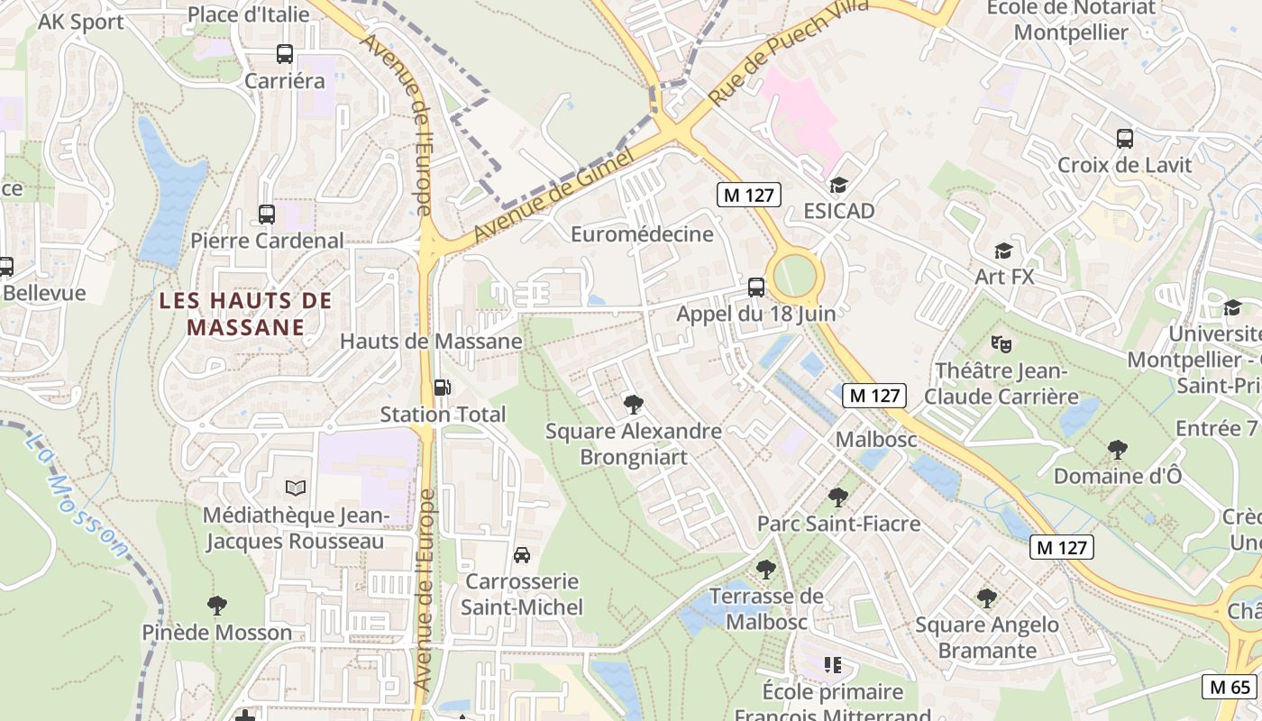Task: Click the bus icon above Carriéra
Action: (285, 54)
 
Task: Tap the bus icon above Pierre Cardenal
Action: (267, 214)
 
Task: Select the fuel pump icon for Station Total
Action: (443, 388)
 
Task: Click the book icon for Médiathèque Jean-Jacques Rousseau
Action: (296, 488)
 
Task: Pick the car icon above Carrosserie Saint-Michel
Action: (522, 554)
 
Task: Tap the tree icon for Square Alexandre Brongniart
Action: (634, 405)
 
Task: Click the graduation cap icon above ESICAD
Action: (839, 185)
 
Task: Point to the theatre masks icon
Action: (1001, 343)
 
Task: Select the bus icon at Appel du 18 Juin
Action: (756, 287)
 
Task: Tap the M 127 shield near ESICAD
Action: (748, 194)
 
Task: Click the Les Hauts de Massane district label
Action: (246, 314)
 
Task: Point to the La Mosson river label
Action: (76, 495)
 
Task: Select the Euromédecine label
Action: (642, 234)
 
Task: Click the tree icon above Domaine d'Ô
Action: (1118, 449)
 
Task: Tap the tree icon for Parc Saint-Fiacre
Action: (838, 497)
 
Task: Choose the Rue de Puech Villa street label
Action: (788, 53)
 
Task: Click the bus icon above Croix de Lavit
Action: (1125, 139)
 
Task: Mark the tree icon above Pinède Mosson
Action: (216, 605)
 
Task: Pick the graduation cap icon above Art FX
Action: (1003, 251)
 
